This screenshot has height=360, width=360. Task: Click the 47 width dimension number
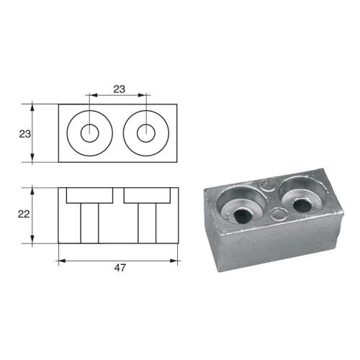coord(120,268)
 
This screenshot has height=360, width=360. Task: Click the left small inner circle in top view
coord(90,133)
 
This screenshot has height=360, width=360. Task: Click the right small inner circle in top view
coord(147,133)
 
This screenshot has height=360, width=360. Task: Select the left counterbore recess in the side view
coord(90,195)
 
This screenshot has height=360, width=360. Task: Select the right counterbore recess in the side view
coord(147,195)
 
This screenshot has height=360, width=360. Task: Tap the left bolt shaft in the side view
coord(90,222)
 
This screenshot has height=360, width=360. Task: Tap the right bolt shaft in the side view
coord(147,222)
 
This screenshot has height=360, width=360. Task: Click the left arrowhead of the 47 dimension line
coord(61,260)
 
